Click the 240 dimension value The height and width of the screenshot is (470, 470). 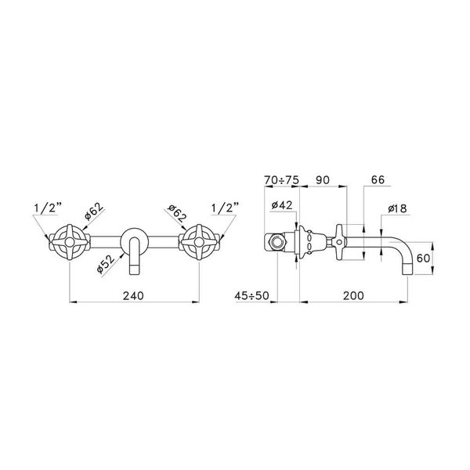(x=133, y=295)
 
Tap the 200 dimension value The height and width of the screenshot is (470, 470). (x=353, y=295)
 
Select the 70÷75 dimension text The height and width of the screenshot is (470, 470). (x=281, y=180)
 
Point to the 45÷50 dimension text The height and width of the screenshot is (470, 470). (x=251, y=295)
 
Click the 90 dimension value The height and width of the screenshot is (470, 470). (x=323, y=180)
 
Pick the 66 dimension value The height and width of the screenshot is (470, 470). (x=378, y=180)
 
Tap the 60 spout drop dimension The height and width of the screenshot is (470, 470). (x=423, y=258)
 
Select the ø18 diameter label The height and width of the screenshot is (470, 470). (x=397, y=208)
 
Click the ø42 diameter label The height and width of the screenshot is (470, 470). (x=282, y=205)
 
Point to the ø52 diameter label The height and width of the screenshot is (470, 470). (x=106, y=264)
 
